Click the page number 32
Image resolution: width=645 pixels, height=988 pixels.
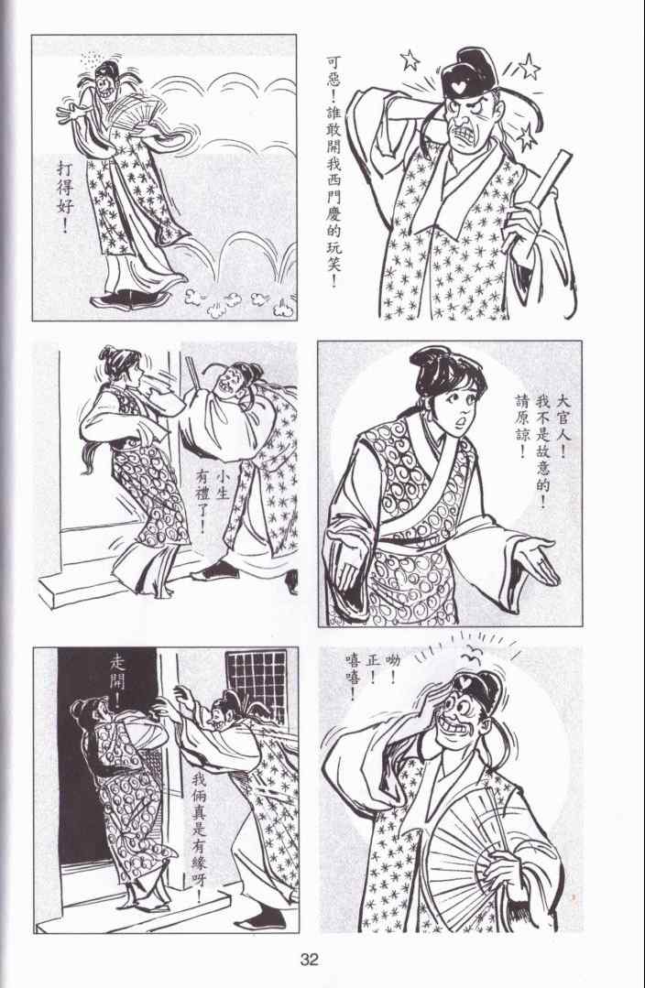[x=309, y=960]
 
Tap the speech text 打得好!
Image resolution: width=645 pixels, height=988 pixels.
[x=66, y=197]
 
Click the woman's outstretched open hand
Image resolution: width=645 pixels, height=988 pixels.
[x=536, y=559]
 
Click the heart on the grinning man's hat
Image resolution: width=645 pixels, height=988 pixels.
[x=464, y=682]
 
